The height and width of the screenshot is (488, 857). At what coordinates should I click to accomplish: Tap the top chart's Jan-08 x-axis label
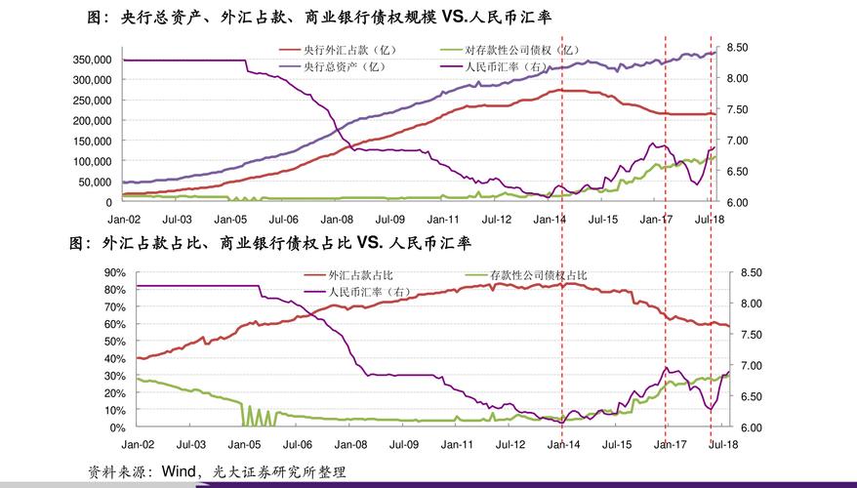pos(337,220)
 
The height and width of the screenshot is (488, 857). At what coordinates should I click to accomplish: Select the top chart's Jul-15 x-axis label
pos(603,220)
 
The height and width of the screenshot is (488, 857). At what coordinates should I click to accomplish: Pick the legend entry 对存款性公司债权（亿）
pos(520,49)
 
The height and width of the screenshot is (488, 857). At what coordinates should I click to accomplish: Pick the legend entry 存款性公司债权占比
pos(538,275)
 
